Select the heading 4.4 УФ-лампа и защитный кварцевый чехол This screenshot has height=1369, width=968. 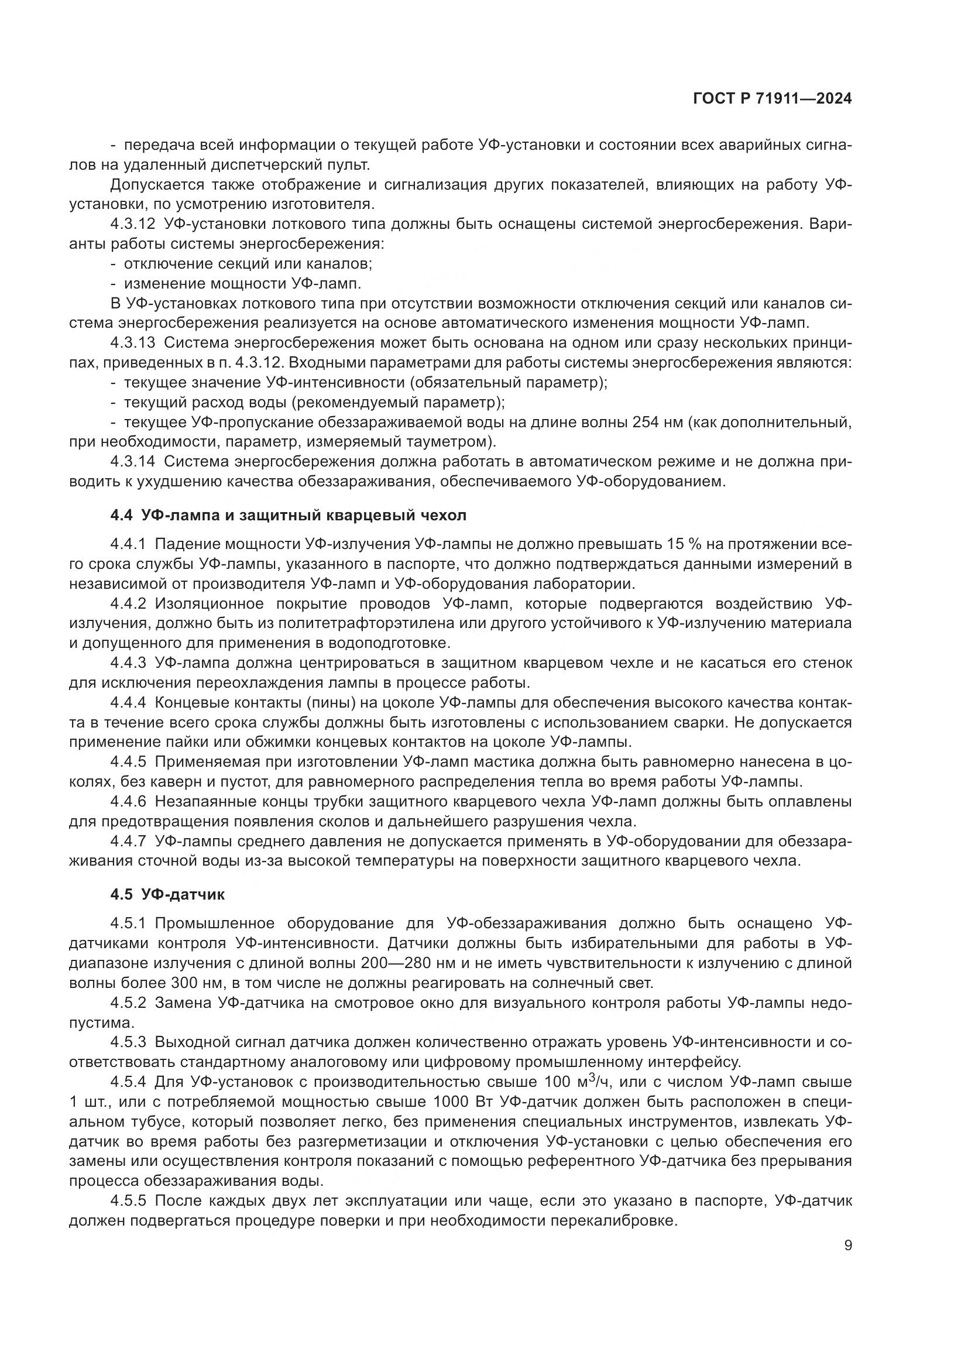(x=288, y=515)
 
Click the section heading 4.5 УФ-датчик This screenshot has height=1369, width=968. (x=167, y=894)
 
